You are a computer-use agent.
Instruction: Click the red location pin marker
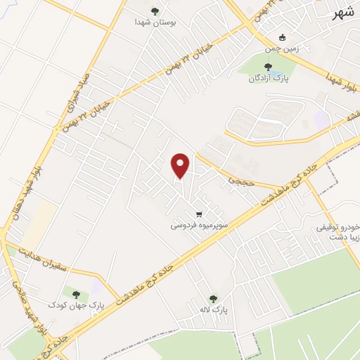[x=181, y=165]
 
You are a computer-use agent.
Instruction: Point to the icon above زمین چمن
[x=283, y=38]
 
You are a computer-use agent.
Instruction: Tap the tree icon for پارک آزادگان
[x=268, y=67]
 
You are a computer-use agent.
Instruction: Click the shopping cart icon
[x=199, y=214]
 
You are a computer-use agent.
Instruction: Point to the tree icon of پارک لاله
[x=213, y=298]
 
